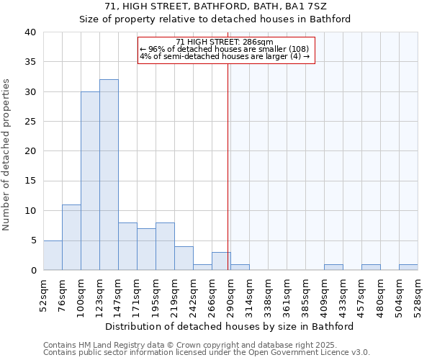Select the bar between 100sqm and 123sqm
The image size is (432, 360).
pyautogui.click(x=90, y=181)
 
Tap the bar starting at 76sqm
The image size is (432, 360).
pyautogui.click(x=71, y=238)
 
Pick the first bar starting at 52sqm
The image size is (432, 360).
pyautogui.click(x=53, y=255)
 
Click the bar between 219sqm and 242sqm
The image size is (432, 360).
pyautogui.click(x=184, y=258)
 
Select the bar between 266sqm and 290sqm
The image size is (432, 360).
pyautogui.click(x=221, y=261)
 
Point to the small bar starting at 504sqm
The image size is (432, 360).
pyautogui.click(x=408, y=267)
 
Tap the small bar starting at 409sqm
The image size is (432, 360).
pyautogui.click(x=333, y=267)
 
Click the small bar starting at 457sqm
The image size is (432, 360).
pyautogui.click(x=371, y=267)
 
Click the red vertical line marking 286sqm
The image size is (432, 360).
pyautogui.click(x=228, y=166)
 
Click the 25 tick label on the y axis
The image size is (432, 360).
pyautogui.click(x=30, y=122)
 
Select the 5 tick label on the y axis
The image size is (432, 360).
pyautogui.click(x=32, y=240)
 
